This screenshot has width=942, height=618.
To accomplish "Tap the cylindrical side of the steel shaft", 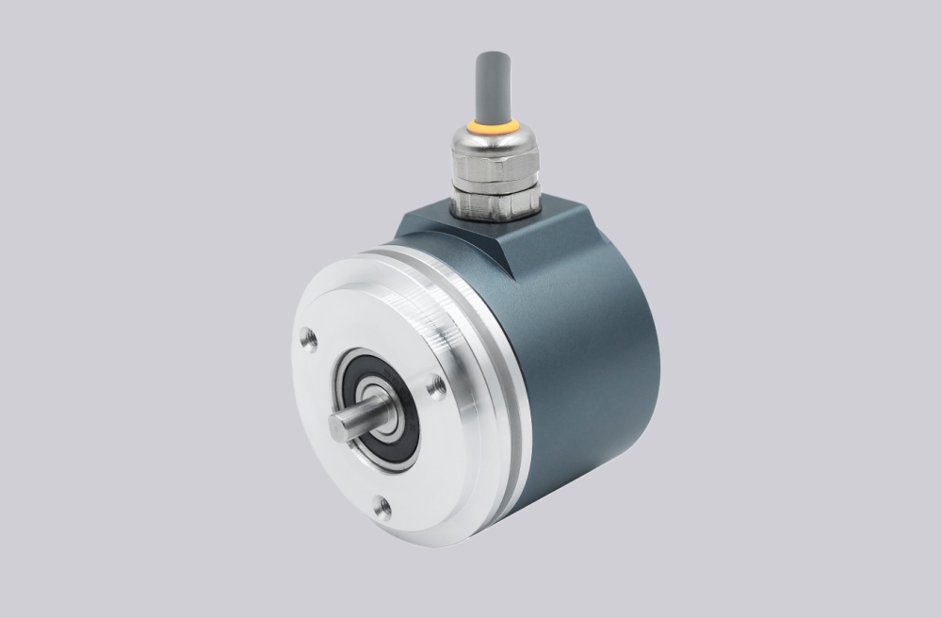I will (363, 415).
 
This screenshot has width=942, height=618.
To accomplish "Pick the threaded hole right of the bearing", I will (436, 384).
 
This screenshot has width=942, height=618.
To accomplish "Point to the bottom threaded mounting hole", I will (382, 508).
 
